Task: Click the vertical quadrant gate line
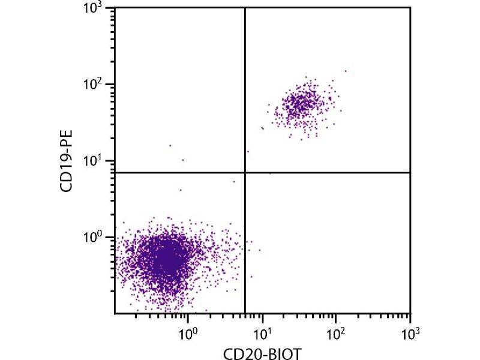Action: pos(245,90)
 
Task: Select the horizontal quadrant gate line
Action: pos(330,173)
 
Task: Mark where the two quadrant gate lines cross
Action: pos(245,173)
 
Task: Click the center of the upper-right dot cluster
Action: pos(303,104)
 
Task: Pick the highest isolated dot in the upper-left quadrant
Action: pos(170,145)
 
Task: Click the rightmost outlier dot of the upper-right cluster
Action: pos(346,71)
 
